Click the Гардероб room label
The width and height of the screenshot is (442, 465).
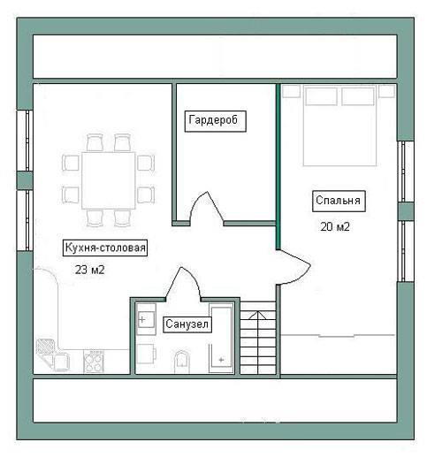[x=216, y=121]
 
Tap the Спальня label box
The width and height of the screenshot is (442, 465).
[x=339, y=201]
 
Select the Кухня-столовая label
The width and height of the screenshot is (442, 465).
[x=105, y=248]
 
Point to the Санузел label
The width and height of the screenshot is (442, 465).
[x=187, y=324]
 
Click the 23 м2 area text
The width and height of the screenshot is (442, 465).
[x=89, y=270]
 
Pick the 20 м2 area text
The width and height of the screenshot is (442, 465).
[x=335, y=227]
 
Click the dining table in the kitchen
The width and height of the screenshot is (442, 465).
[x=109, y=180]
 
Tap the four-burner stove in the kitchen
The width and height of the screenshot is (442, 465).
[x=94, y=361]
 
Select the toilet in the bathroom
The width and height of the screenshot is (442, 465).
[x=182, y=362]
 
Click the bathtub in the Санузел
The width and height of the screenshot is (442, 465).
[x=221, y=338]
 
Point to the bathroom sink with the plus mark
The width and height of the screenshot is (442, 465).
[x=146, y=319]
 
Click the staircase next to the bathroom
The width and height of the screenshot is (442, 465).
[x=258, y=338]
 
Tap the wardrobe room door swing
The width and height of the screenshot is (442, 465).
[x=207, y=208]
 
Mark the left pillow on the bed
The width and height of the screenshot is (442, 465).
[x=321, y=95]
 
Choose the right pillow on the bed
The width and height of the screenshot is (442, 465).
[x=358, y=95]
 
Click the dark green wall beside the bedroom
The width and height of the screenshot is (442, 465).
[x=278, y=167]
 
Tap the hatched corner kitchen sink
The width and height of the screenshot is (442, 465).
[x=46, y=347]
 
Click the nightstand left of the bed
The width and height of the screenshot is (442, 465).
[x=291, y=91]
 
